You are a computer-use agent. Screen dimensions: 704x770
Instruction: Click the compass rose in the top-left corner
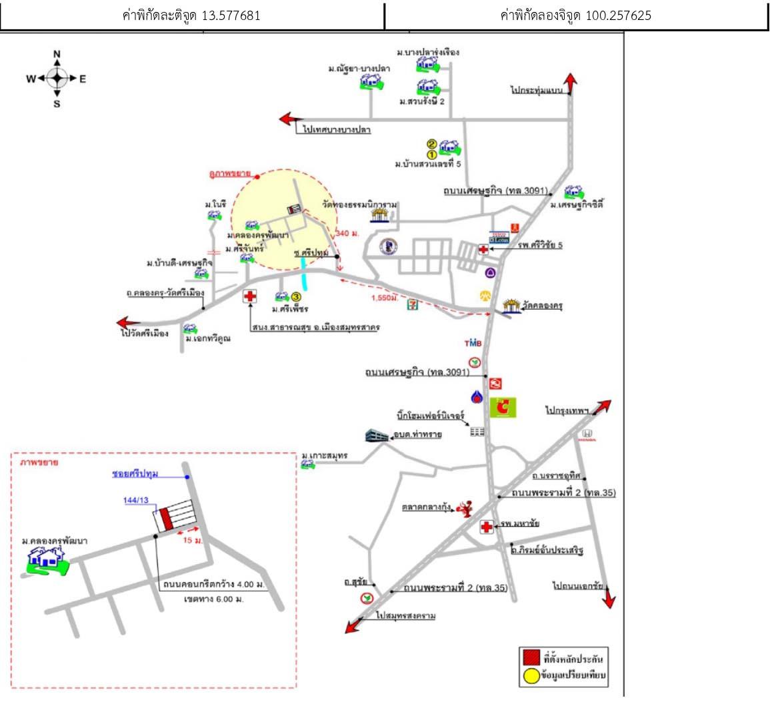tap(57, 79)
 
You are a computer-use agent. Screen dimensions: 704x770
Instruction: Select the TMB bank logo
tap(473, 343)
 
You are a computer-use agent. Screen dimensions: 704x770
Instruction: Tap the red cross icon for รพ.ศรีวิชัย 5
tap(483, 250)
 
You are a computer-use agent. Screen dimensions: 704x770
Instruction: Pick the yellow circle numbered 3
tap(297, 297)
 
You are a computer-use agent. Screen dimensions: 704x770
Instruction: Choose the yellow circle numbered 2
tap(431, 144)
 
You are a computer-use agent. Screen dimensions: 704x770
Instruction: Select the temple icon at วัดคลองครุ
tap(511, 306)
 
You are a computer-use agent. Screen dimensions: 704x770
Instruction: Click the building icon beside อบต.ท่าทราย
tap(377, 436)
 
